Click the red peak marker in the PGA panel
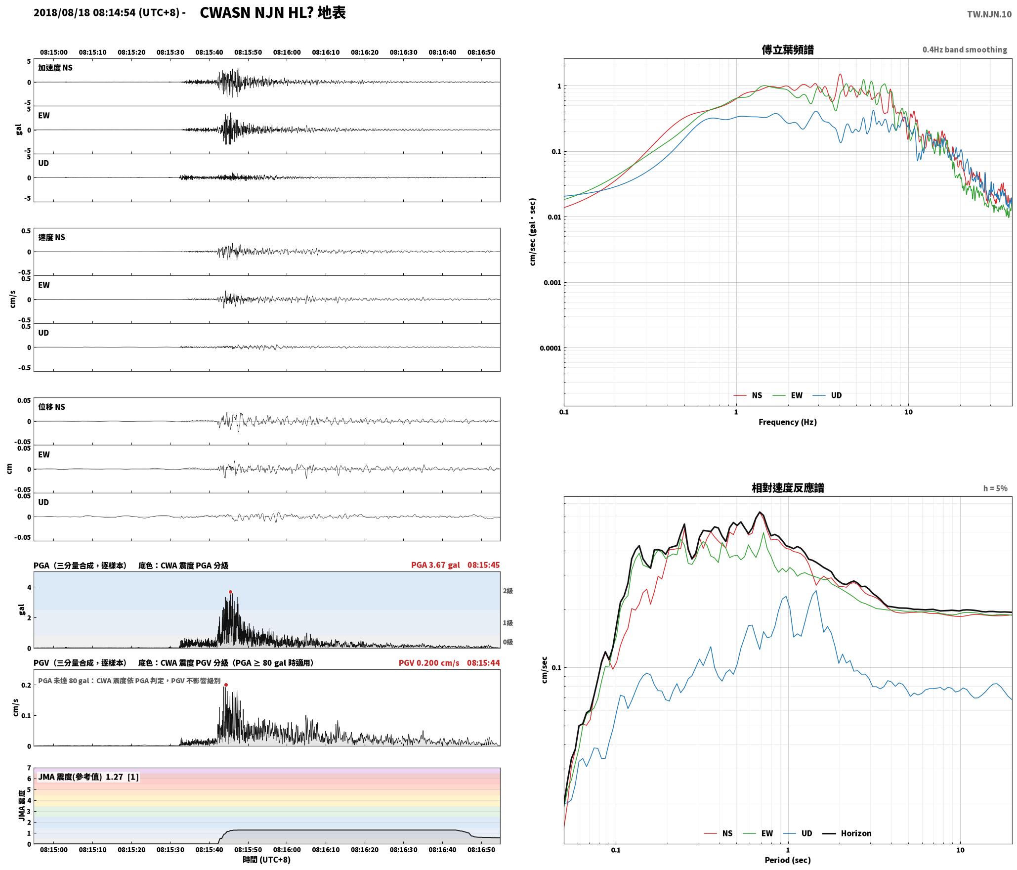pos(230,592)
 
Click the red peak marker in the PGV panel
pos(226,685)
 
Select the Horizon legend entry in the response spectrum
pos(847,833)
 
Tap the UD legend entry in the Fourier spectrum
pos(827,395)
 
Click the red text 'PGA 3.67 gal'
pos(435,565)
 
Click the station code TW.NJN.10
pos(989,14)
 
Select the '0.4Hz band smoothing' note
pos(965,49)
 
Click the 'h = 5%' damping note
pos(995,488)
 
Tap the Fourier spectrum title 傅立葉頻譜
pos(788,49)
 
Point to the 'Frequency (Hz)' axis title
pos(788,422)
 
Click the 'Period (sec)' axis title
pos(788,860)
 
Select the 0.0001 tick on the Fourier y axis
pos(550,348)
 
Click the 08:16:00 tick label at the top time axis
pos(287,52)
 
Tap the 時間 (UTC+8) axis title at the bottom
pos(267,860)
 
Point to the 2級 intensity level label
pos(508,591)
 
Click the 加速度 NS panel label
pos(55,68)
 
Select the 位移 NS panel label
pos(51,407)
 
